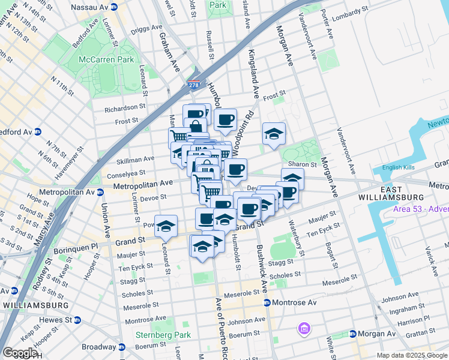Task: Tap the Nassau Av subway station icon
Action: (120, 7)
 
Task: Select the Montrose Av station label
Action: (294, 303)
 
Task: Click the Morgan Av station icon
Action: (353, 334)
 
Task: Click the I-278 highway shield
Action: (193, 85)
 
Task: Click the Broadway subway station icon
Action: (121, 347)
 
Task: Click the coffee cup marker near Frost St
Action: (225, 120)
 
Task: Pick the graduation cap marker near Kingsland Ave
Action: (274, 134)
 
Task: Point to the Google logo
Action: (20, 353)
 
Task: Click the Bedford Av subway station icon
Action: (37, 132)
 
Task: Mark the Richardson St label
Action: (125, 110)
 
